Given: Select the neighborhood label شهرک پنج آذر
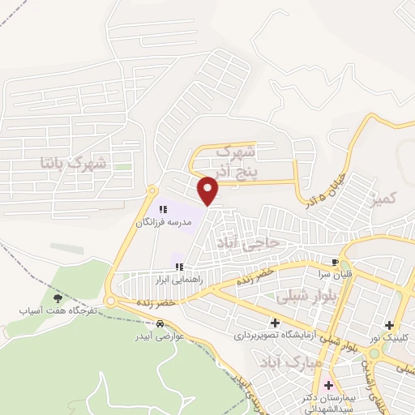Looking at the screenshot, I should (x=238, y=160).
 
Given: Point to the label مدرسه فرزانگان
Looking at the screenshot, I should (x=163, y=221).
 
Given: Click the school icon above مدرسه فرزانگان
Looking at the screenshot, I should (x=163, y=209).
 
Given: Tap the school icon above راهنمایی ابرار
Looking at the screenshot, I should (x=180, y=266).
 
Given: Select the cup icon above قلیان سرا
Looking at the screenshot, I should (x=334, y=263).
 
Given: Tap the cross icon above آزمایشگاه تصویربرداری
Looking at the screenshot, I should (x=275, y=323).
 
